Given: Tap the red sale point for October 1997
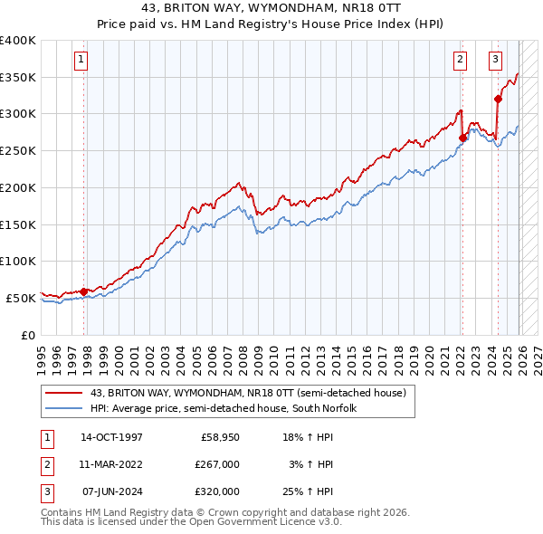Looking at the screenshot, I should coord(84,291).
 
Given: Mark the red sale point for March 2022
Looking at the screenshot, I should coord(462,138).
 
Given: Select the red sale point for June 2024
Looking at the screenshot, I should coord(498,99).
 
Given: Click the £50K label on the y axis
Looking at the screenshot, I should coord(21,298).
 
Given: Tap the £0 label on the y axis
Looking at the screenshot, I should coord(28,335).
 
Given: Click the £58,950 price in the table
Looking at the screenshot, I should coord(216,437).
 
